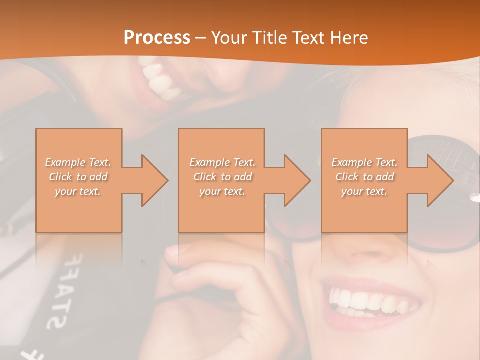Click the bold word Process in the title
point(157,38)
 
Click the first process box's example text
point(78,177)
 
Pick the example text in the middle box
point(222,177)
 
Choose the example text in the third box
point(364,177)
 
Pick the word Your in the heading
point(229,38)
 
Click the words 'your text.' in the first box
point(78,191)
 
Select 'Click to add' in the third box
point(364,177)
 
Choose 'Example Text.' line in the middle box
point(222,162)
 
